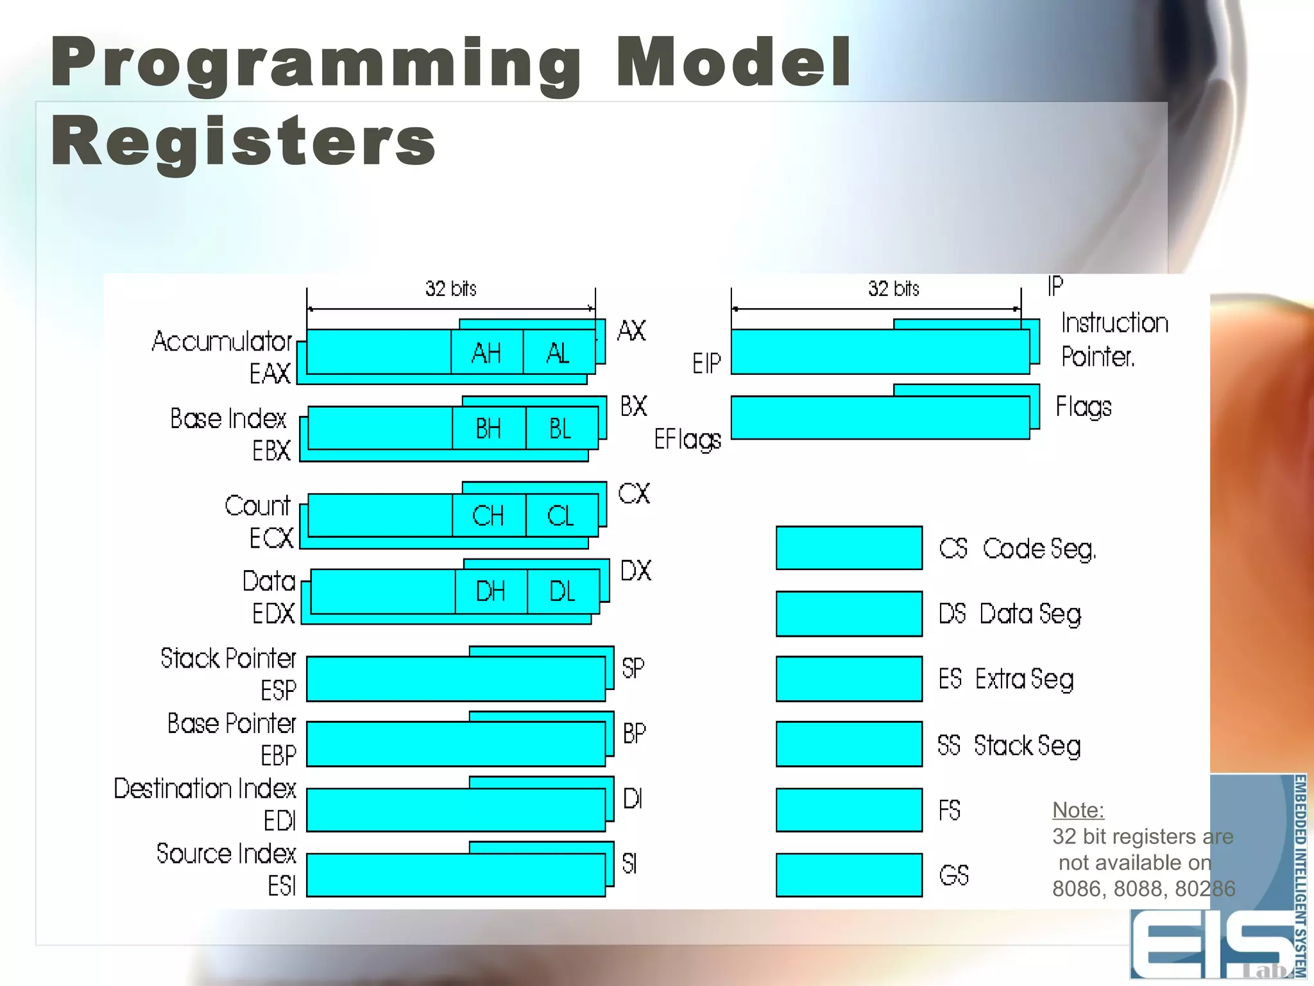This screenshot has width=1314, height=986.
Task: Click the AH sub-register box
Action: coord(486,352)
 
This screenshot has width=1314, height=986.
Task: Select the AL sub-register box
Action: coord(558,352)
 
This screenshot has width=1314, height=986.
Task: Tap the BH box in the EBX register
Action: coord(488,428)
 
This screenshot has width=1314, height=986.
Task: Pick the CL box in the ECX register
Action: coord(561,515)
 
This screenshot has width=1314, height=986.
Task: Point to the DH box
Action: coord(491,591)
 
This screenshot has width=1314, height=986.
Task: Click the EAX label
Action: coord(270,374)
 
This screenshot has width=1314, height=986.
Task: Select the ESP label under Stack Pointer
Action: coord(278,691)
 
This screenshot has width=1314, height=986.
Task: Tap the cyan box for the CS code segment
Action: coord(849,548)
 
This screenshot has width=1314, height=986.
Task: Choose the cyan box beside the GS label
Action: coord(849,874)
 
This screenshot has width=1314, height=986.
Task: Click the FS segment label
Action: coord(950,810)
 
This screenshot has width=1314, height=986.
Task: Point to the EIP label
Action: coord(706,364)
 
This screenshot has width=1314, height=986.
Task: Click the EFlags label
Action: coord(687,440)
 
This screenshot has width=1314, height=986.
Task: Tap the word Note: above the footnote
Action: coord(1078,810)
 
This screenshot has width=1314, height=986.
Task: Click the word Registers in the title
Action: coord(243,141)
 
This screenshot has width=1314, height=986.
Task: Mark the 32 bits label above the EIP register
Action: coord(894,289)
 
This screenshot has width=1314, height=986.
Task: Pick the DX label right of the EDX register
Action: coord(636,571)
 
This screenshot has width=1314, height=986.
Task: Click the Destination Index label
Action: coord(205,788)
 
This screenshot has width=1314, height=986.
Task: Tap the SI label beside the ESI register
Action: coord(630,864)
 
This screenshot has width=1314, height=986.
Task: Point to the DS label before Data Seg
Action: coord(952,614)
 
